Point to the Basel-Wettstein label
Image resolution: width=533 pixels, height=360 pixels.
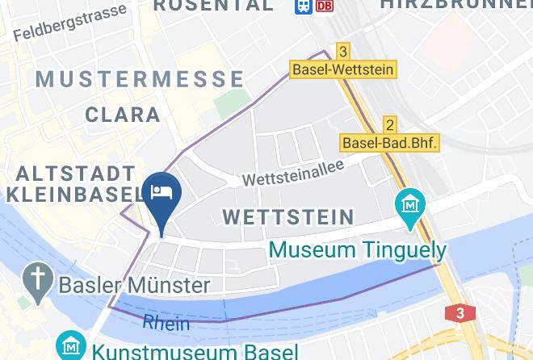343,69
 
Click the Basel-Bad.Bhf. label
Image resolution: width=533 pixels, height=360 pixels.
390,143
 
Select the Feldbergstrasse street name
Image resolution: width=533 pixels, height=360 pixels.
70,23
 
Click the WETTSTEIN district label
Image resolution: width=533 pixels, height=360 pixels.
288,216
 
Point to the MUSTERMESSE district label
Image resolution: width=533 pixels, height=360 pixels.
140,79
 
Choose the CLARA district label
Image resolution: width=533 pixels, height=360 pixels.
122,115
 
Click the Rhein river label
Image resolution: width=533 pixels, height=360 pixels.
166,323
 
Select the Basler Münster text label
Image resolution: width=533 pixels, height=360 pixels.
134,284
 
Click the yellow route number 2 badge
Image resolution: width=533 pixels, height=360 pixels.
390,124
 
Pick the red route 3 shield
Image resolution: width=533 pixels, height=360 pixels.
460,313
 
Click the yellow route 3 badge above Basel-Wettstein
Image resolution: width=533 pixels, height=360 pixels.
343,52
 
